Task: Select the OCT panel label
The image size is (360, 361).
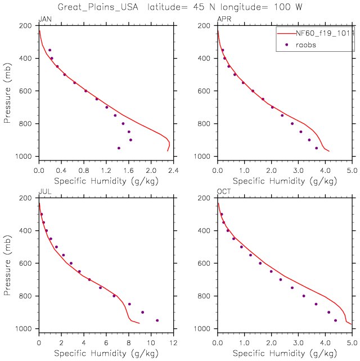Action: point(223,192)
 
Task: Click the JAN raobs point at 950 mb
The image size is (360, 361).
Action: point(119,148)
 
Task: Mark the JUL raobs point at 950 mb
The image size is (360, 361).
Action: point(157,320)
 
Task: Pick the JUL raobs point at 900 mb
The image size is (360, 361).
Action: point(142,312)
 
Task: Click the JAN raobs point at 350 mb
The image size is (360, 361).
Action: point(49,50)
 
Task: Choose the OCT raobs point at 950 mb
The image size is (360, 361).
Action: point(335,320)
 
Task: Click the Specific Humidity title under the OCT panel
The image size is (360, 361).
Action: point(285,353)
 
